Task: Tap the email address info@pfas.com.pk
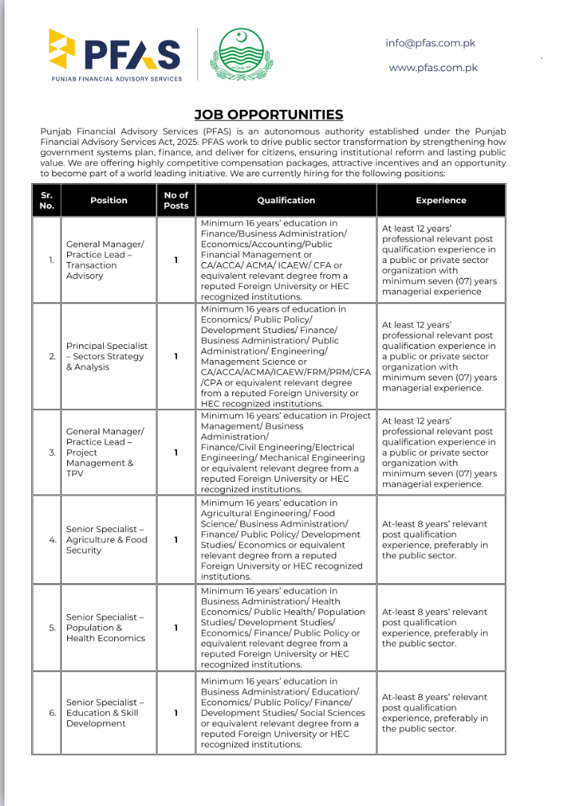[430, 43]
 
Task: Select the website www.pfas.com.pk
[433, 67]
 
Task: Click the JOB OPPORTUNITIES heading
[269, 114]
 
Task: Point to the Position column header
[109, 200]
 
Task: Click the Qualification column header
[286, 200]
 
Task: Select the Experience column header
[441, 200]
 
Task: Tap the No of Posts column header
[176, 200]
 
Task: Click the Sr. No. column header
[46, 200]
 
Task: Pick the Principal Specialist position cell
[107, 356]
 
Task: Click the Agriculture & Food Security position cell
[107, 539]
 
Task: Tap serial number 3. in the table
[52, 453]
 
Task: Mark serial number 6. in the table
[52, 713]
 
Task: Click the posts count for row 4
[176, 539]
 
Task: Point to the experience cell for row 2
[439, 356]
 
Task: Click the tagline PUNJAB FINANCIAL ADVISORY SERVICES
[116, 78]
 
